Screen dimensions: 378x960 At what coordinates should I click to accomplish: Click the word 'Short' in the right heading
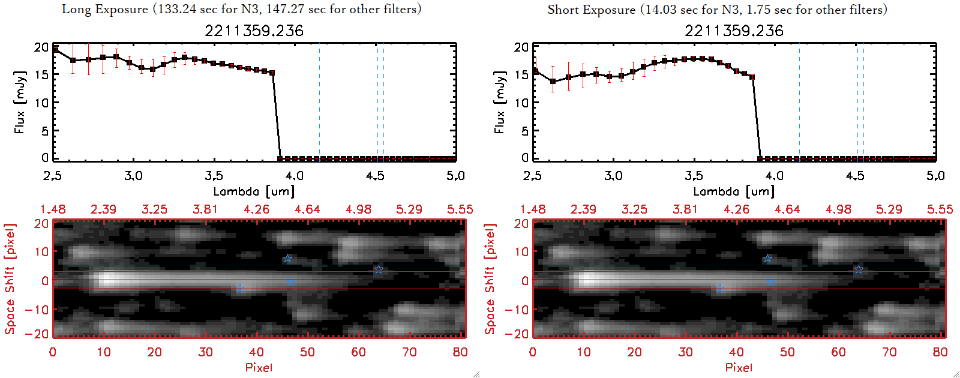tap(563, 10)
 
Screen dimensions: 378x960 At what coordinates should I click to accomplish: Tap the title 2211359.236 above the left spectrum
tap(254, 31)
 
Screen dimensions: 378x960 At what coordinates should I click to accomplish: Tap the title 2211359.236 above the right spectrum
tap(734, 31)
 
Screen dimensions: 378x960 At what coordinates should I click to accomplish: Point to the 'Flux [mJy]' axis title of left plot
tap(20, 102)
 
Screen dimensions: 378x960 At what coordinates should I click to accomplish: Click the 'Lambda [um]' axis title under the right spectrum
tap(734, 191)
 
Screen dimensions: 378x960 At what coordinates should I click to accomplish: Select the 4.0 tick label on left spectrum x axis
tap(294, 176)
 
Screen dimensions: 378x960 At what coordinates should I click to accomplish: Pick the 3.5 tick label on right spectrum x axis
tap(694, 176)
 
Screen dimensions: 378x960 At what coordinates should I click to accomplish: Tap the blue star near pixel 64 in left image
tap(379, 269)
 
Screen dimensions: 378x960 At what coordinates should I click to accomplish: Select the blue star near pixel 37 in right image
tap(720, 289)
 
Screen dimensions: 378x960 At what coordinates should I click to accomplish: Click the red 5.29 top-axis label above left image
tap(409, 209)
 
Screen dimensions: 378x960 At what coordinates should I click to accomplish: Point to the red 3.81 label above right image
tap(685, 209)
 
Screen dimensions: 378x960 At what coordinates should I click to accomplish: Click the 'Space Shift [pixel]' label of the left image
tap(10, 279)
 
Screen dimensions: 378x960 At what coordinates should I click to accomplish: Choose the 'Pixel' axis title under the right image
tap(739, 367)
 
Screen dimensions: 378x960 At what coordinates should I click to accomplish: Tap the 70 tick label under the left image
tap(409, 352)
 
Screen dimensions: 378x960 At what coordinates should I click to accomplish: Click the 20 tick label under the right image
tap(634, 352)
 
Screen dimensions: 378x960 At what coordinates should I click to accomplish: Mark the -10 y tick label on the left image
tap(37, 309)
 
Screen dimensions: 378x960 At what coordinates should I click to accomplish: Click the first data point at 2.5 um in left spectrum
tap(56, 50)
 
